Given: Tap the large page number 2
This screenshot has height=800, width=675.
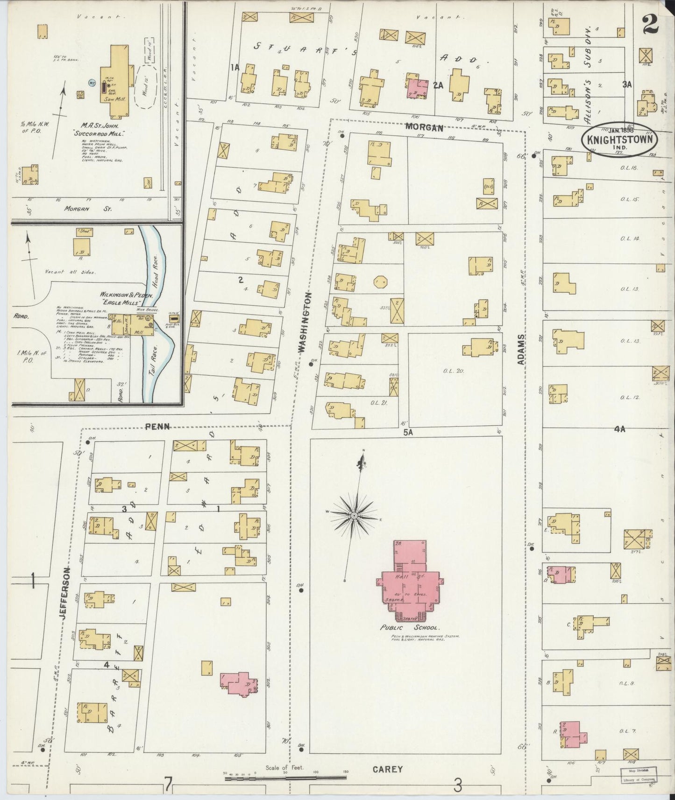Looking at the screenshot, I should [x=651, y=24].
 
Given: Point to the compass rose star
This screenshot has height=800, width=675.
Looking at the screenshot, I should [x=354, y=515].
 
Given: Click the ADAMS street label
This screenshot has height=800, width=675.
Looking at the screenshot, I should [x=522, y=349].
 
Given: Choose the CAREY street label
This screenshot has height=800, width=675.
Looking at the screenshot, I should [x=388, y=769].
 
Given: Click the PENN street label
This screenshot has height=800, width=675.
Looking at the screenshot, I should [x=157, y=426].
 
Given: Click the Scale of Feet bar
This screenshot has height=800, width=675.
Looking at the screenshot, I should [x=285, y=778].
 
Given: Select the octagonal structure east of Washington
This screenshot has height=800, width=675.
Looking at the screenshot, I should [x=380, y=282].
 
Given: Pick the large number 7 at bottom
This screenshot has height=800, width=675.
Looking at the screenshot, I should [x=168, y=786].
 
